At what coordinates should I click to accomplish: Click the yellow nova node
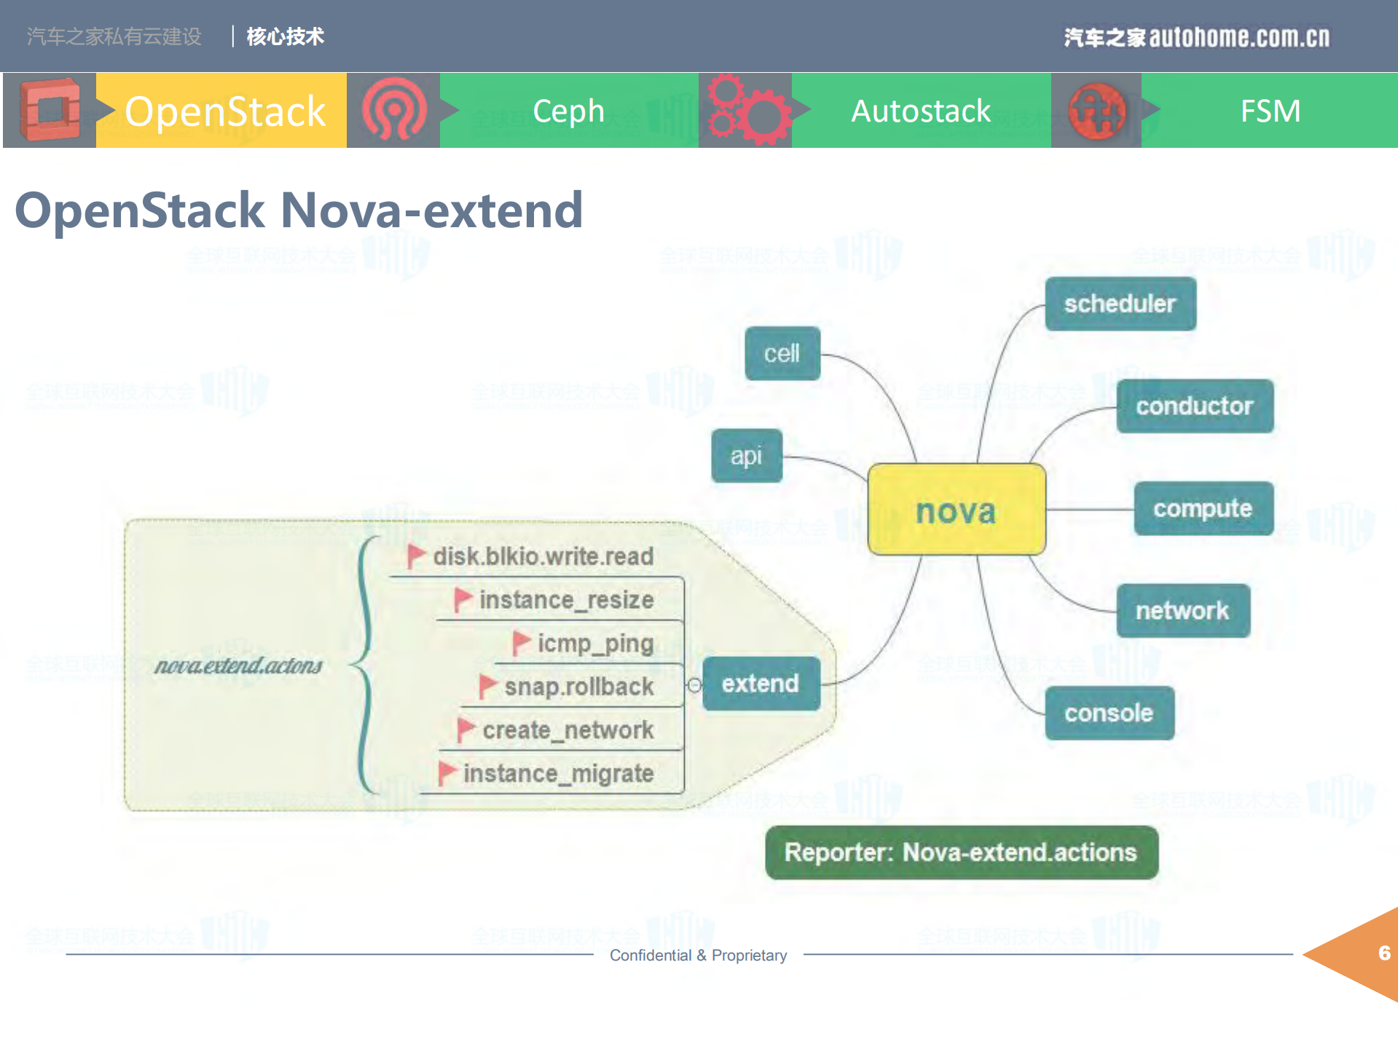(x=956, y=510)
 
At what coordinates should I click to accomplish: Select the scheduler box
(x=1120, y=304)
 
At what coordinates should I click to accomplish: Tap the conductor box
(x=1194, y=406)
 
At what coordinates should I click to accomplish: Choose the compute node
(x=1203, y=508)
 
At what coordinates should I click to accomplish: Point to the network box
(x=1182, y=610)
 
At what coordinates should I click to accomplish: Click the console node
(x=1109, y=713)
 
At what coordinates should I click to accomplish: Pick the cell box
(x=782, y=353)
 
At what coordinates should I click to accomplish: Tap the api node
(x=746, y=456)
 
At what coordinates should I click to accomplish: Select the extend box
(x=761, y=684)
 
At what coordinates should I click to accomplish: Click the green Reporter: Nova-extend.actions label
(x=961, y=852)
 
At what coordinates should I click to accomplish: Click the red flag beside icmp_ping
(x=521, y=642)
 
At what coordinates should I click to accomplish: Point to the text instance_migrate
(x=558, y=773)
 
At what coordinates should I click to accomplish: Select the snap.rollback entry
(x=578, y=687)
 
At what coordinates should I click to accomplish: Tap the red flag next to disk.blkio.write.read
(x=416, y=556)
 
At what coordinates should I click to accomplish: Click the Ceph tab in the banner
(x=568, y=111)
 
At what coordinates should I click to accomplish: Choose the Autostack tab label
(x=921, y=111)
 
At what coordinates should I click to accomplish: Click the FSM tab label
(x=1270, y=111)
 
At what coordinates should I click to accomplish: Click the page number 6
(x=1383, y=953)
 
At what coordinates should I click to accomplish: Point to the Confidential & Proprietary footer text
(x=698, y=956)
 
